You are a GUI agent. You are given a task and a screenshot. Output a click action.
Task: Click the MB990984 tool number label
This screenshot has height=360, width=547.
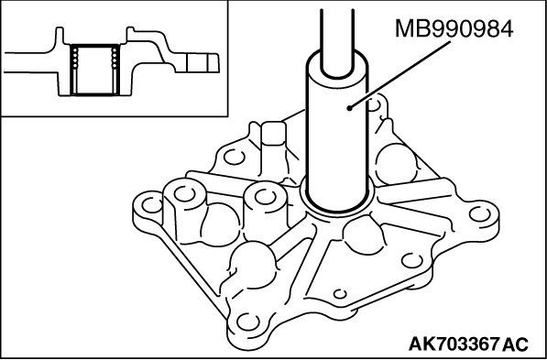point(454,29)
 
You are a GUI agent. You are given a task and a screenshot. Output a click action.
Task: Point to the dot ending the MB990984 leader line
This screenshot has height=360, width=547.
point(350,108)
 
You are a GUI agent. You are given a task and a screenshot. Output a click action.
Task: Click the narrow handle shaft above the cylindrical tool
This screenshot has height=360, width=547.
point(337,38)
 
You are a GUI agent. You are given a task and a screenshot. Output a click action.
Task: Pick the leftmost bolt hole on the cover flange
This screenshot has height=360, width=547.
point(152,205)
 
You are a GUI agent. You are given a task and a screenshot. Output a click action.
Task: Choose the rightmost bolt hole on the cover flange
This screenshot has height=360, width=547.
point(480,213)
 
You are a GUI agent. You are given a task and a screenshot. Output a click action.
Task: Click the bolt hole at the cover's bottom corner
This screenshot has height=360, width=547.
point(248,322)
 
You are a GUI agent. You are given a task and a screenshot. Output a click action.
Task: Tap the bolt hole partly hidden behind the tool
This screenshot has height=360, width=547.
point(375,104)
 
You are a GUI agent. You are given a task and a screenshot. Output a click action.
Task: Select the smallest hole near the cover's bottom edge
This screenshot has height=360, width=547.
point(340,294)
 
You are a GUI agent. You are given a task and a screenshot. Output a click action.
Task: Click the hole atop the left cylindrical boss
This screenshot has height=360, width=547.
point(184,194)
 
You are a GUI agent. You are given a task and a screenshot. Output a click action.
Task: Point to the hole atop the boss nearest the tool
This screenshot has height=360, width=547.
point(266,197)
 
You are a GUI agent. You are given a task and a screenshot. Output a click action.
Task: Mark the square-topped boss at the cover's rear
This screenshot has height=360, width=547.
point(274,134)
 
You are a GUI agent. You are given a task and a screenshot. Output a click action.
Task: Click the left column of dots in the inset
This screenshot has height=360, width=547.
point(75,57)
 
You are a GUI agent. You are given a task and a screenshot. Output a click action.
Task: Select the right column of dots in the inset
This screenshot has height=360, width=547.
point(114,57)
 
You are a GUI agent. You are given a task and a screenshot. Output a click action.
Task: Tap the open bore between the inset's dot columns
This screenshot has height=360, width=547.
point(94,70)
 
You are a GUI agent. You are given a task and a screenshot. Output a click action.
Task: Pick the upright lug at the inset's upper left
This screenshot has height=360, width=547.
point(60,36)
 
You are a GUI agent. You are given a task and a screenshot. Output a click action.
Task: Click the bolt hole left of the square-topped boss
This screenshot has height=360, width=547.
point(234,157)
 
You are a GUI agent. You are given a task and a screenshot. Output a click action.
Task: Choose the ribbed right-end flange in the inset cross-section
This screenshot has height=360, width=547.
point(197,63)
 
